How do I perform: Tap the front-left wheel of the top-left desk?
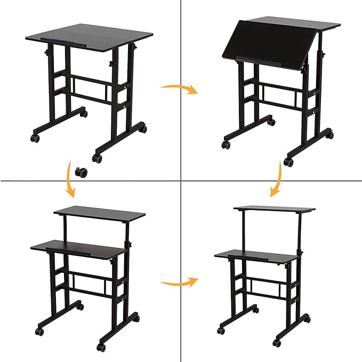pos(35,138)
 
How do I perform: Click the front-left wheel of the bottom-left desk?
pos(39,331)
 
